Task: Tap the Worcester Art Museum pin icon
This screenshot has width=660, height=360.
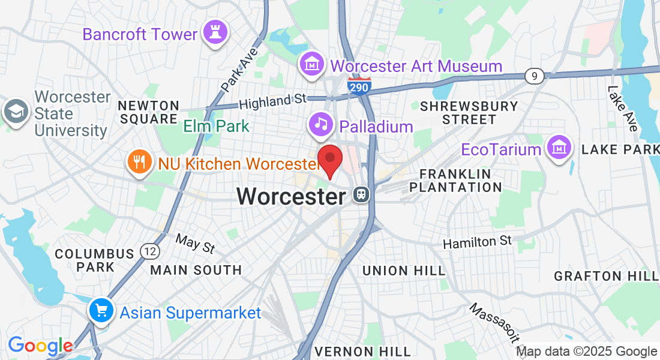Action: coord(313,64)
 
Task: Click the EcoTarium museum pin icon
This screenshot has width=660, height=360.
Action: coord(559,146)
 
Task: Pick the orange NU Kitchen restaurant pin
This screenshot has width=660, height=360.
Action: coord(139,162)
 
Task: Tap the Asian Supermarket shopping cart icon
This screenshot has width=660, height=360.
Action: coord(101,310)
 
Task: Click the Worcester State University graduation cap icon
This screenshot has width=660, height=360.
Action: coord(16,112)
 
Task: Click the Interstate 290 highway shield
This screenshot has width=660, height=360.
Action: coord(359,86)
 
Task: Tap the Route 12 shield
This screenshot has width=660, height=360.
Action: coord(149,251)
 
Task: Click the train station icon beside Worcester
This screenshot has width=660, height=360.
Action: coord(361,195)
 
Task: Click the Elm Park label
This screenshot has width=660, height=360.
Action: coord(216,127)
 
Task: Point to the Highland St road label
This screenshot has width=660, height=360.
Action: coord(272,101)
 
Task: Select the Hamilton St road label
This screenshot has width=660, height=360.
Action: coord(478,242)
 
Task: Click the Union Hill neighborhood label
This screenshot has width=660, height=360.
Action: coord(404,271)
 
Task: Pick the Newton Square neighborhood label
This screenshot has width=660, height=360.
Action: coord(148,112)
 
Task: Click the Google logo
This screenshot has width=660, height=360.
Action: coord(40,346)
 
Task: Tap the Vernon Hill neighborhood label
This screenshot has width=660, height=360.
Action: coord(362,351)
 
